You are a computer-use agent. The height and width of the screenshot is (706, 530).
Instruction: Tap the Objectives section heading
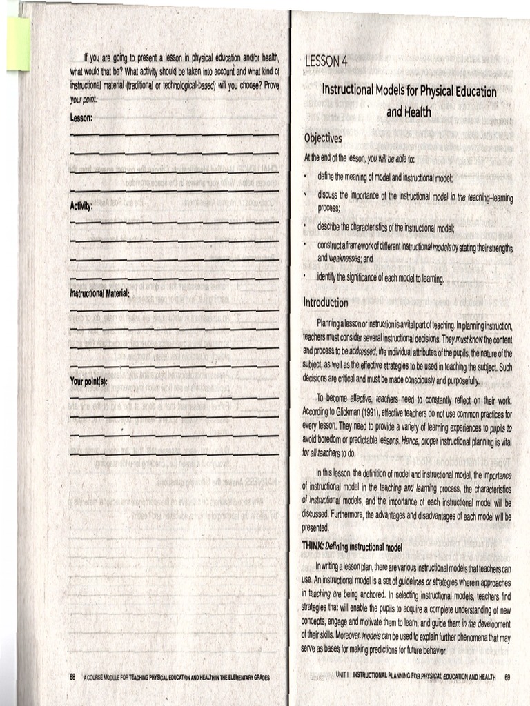(323, 139)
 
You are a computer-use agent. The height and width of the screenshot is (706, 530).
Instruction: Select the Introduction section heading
(326, 303)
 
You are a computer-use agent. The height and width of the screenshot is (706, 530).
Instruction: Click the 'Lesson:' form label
(81, 118)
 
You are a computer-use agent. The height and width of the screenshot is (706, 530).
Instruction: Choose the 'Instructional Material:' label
(100, 293)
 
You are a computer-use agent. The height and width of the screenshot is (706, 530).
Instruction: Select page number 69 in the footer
(508, 676)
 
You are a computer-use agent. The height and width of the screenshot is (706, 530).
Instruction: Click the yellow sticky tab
(19, 43)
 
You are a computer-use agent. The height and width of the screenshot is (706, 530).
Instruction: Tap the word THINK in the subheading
(313, 545)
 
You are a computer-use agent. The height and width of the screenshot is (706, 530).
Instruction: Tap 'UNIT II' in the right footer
(343, 676)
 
